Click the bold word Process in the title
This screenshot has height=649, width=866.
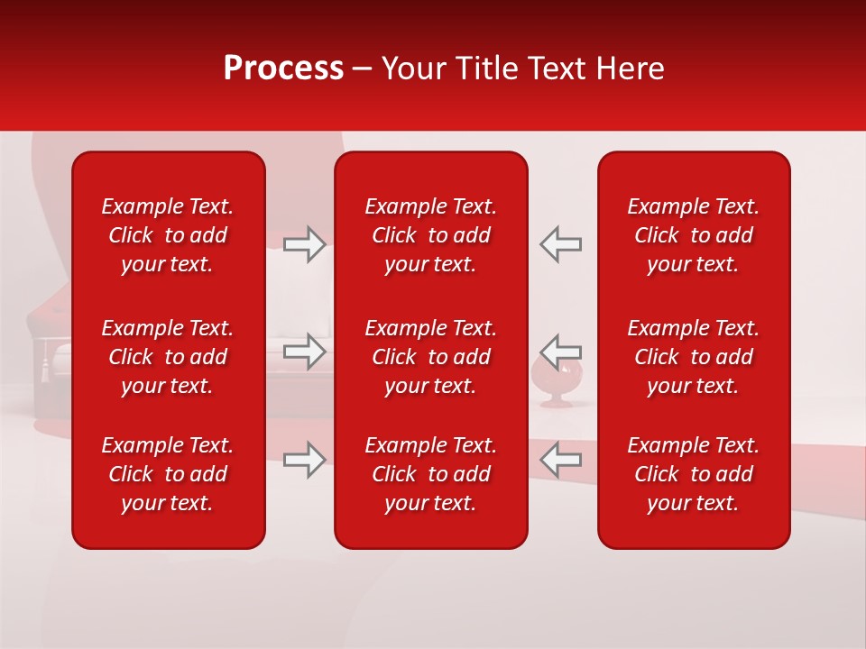coord(283,69)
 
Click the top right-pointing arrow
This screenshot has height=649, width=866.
coord(305,244)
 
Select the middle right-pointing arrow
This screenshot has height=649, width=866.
coord(305,351)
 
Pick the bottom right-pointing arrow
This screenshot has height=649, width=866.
coord(305,460)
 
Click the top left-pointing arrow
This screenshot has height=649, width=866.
coord(561,244)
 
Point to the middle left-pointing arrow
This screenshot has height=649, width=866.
coord(561,351)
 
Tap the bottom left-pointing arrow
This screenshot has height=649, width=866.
coord(561,460)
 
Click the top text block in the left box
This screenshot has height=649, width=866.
coord(168,235)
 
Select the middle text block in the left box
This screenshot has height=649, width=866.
coord(168,357)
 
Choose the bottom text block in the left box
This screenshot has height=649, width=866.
coord(168,474)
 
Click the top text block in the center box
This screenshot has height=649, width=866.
coord(431,235)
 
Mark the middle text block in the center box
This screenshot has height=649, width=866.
coord(431,357)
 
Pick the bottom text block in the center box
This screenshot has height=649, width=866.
coord(431,474)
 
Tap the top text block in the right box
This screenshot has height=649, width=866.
coord(694,235)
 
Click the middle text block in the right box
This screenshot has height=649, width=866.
coord(694,357)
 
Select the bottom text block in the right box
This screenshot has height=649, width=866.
coord(694,474)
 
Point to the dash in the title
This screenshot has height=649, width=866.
coord(363,69)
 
